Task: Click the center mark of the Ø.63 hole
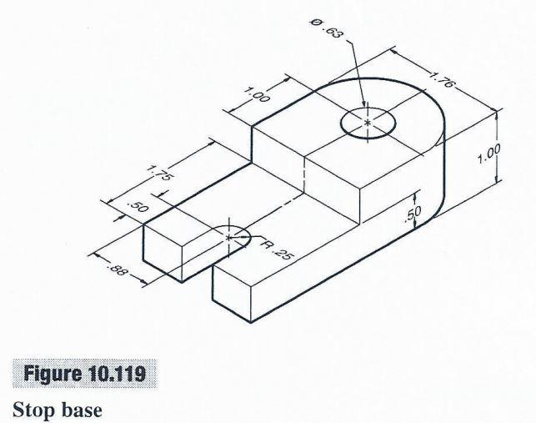368,123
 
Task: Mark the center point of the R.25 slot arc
229,238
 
